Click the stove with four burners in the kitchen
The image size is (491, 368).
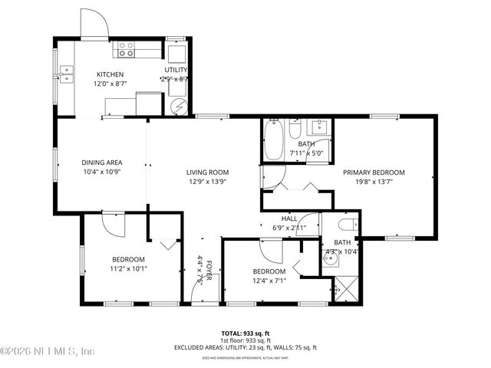pos(126,50)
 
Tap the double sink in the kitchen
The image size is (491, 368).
pos(68,74)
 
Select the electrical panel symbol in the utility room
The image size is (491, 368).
pos(178,107)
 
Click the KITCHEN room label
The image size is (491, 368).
pos(110,74)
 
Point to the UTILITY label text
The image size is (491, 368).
pos(176,70)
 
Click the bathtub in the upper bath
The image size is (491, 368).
pos(274,140)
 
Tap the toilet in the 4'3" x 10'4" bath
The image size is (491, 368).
pos(348,225)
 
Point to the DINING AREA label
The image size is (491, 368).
pos(103,163)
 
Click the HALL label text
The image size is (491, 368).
pos(289,218)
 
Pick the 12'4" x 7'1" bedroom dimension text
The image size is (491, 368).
pos(269,281)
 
